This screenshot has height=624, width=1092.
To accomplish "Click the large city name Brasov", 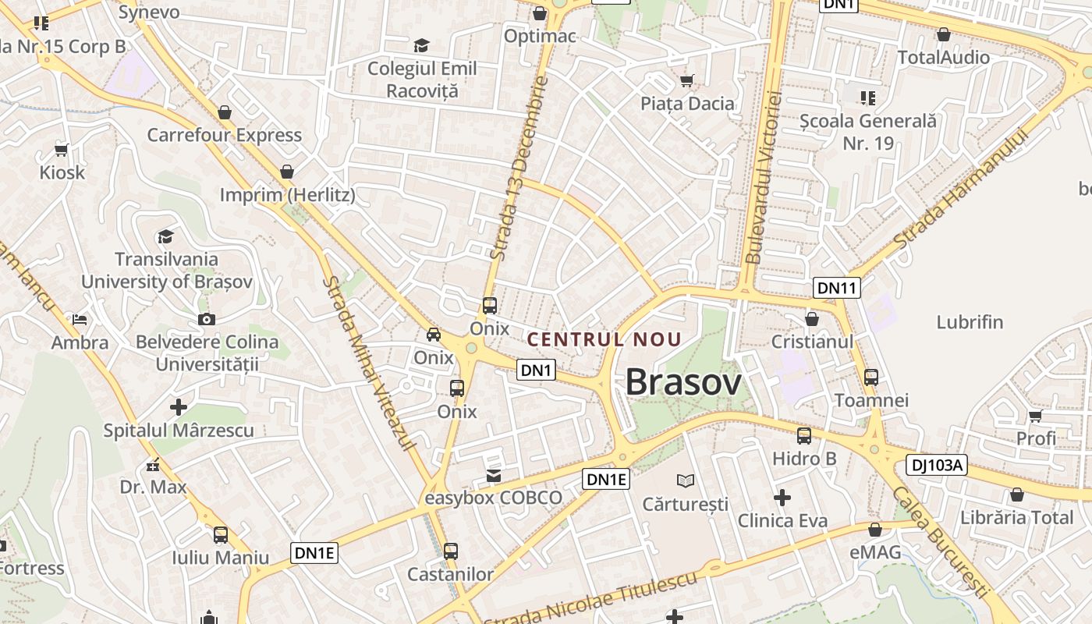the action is coord(683,382).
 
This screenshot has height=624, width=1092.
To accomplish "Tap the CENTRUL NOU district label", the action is coord(604,339).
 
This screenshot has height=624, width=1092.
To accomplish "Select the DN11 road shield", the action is coord(837,288).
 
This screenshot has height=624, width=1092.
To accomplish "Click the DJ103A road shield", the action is coord(937,466).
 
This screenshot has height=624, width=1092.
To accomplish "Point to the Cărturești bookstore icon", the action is coord(686,480).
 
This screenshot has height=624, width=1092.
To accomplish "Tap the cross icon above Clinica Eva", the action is coord(782,497).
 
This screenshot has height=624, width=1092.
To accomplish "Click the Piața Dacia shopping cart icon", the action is coord(687,80).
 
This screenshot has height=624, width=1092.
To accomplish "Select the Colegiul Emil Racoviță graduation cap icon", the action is coord(421,45).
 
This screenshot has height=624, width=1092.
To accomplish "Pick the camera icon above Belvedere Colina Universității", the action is coord(207,319).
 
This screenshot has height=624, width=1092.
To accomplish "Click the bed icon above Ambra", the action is coord(80,319).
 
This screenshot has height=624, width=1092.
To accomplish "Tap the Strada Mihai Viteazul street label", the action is coord(369,363).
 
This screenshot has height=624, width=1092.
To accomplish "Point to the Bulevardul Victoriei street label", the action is coord(764,177).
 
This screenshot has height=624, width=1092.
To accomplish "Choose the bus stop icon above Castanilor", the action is coord(451,551).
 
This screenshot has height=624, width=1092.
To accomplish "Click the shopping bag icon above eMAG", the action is coord(875,530).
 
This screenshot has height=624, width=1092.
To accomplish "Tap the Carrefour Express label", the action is coord(225,135).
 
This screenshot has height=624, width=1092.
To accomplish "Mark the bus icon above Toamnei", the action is coord(871,378).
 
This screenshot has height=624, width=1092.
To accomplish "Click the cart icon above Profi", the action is coord(1035,416).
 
